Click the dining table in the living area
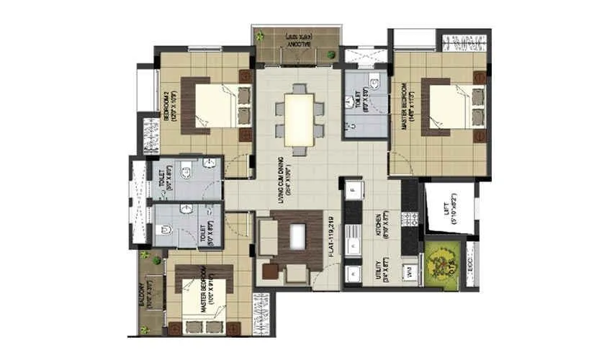coord(299,120)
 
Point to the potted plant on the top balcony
coord(330,54)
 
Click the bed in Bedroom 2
coord(220,106)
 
